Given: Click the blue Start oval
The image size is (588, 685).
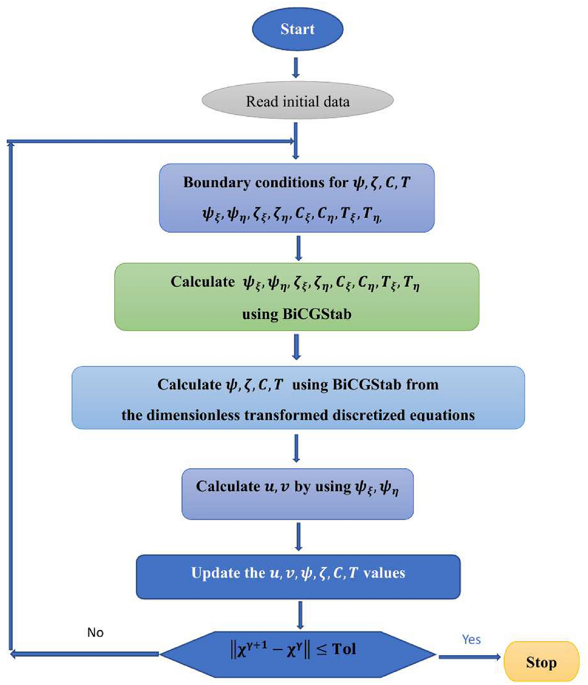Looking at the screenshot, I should click(x=297, y=29).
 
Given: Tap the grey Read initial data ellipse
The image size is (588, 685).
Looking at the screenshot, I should click(x=297, y=101).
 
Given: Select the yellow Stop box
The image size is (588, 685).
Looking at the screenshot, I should click(x=541, y=662).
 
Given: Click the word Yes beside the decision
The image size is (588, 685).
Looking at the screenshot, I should click(x=471, y=639).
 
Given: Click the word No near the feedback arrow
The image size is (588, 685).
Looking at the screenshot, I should click(x=95, y=632).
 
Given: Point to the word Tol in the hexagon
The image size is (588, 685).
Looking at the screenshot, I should click(x=344, y=649).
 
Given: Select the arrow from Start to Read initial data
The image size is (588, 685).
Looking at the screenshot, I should click(x=296, y=68).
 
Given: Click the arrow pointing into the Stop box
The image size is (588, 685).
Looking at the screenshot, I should click(x=470, y=656).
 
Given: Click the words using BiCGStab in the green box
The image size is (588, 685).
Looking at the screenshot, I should click(x=297, y=314).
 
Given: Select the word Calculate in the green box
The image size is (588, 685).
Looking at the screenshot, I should click(x=202, y=281).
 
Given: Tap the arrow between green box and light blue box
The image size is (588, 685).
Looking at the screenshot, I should click(x=297, y=347).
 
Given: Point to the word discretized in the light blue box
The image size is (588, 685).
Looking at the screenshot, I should click(x=369, y=415).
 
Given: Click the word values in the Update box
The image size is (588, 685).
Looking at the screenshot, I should click(x=384, y=573).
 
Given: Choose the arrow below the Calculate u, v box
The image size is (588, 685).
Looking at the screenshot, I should click(x=299, y=536).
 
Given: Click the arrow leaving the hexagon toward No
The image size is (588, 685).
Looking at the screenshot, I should click(x=84, y=654).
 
